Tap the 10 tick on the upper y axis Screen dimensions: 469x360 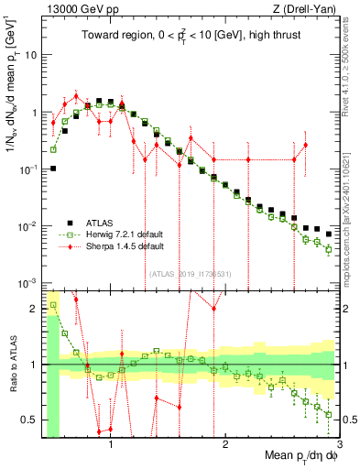point(32,55)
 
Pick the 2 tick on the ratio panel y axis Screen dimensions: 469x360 point(35,309)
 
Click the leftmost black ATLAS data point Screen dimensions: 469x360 point(54,169)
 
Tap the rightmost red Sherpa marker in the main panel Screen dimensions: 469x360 point(305,145)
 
